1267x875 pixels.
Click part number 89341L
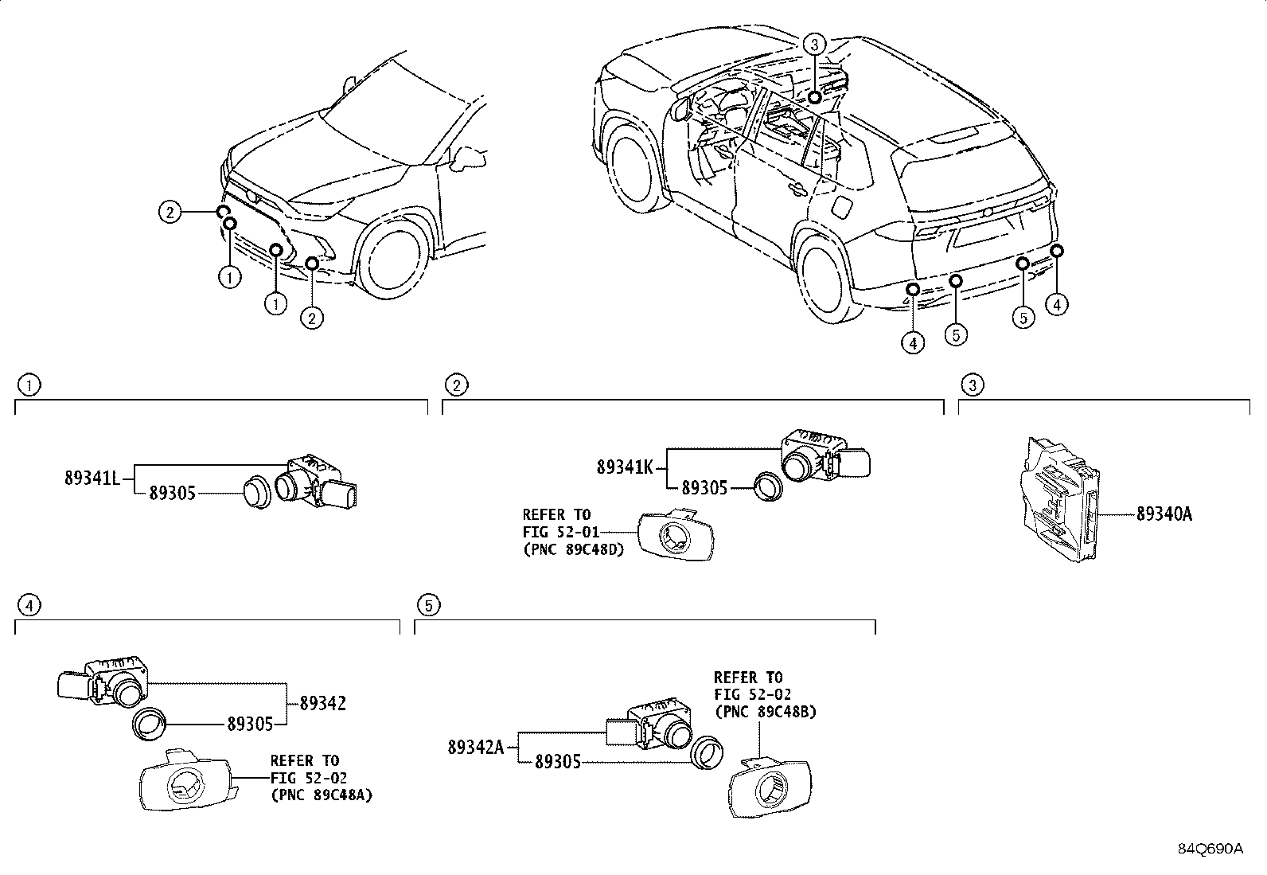pos(92,478)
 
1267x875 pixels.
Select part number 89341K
pos(624,467)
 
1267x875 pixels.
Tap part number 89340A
pos(1164,514)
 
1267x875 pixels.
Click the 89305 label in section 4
pos(251,724)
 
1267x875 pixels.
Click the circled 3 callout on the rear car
pos(814,45)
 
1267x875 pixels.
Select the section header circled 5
pos(428,606)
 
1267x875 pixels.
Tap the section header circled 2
pos(455,385)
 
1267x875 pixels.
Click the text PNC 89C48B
pos(766,712)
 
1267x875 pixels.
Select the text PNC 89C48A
pos(322,794)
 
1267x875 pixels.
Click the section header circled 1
pos(29,385)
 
